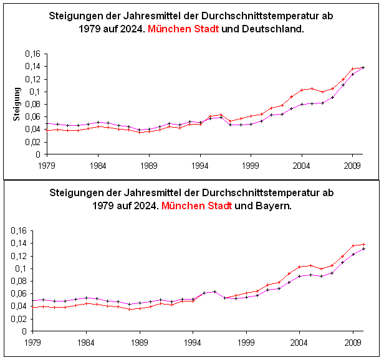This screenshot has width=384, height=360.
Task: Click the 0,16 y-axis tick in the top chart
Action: [x=32, y=54]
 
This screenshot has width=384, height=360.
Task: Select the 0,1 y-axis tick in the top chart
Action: [x=36, y=92]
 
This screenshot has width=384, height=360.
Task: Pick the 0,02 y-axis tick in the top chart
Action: [x=32, y=141]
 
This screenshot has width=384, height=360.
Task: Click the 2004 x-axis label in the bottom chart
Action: [x=300, y=342]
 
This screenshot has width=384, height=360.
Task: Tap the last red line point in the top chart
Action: [x=363, y=67]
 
